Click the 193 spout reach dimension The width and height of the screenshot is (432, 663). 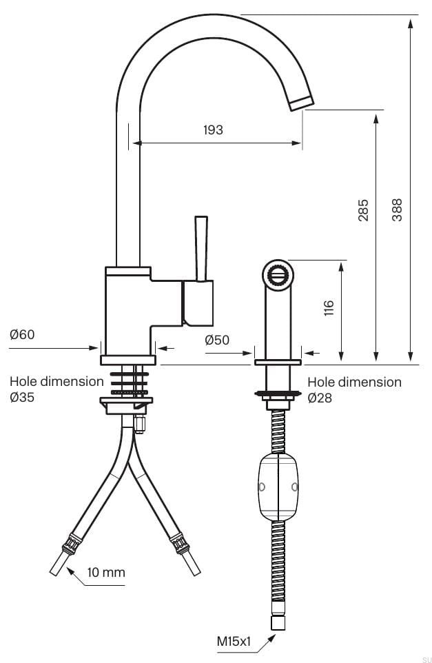tap(213, 130)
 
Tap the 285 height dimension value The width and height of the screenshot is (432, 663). tap(363, 210)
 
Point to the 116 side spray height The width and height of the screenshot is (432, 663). tap(329, 308)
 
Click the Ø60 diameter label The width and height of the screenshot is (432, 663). tap(22, 335)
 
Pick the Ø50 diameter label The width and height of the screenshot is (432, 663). tap(217, 339)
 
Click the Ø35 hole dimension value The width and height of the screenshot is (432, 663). tap(22, 398)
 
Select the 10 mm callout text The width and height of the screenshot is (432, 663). tap(106, 572)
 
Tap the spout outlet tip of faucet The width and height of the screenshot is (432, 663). tap(300, 103)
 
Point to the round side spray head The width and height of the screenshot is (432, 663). tap(276, 275)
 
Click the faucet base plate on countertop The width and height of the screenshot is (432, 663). tap(128, 360)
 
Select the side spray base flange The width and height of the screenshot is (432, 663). tap(278, 362)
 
